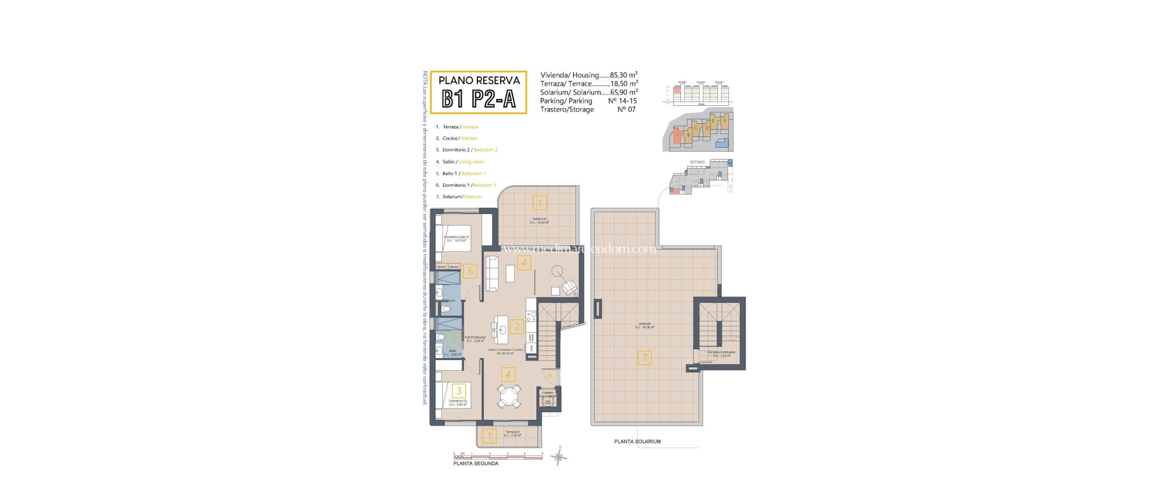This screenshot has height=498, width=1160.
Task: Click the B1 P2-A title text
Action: pos(479,100)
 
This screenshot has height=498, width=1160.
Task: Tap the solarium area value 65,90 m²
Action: pos(624,92)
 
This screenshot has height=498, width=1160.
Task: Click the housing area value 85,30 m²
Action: pos(624,75)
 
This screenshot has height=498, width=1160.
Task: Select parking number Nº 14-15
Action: pos(622,101)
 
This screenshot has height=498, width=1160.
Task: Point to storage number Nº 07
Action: pos(626,110)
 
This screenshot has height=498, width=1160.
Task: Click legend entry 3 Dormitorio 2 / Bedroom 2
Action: pos(467,150)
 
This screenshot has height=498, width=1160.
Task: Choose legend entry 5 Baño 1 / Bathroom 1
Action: pos(461,174)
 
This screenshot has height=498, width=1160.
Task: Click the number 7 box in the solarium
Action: pos(644,358)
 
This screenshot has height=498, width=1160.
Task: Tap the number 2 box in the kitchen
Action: pos(517,327)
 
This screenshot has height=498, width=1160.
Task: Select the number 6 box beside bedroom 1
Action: pos(470,271)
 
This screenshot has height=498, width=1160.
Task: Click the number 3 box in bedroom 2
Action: pos(459,390)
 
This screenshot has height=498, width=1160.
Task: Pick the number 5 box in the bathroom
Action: pos(454,340)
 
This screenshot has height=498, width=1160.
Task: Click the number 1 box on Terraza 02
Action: pos(539,203)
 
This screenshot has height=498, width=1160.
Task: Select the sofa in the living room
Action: pos(492,273)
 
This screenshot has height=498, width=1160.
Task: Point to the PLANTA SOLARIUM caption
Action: pos(637,441)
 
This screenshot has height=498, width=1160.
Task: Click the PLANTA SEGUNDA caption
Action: pos(476,463)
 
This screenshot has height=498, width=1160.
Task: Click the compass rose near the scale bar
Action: pos(559,456)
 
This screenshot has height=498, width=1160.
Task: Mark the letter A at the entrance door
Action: pos(549,376)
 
